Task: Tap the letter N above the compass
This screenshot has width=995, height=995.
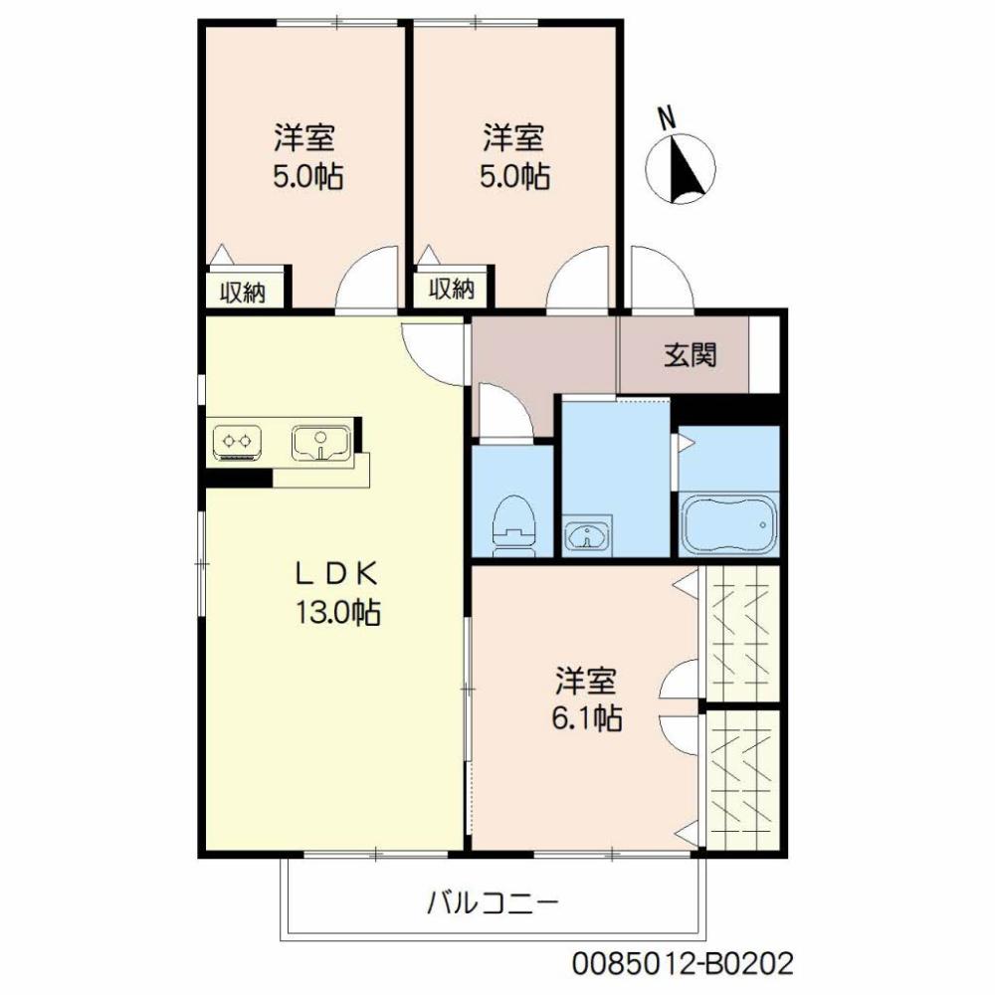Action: tap(669, 117)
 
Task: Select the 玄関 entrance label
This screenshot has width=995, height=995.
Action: tap(691, 354)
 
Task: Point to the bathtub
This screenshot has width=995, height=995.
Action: tap(728, 523)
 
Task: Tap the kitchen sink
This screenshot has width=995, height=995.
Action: tap(318, 443)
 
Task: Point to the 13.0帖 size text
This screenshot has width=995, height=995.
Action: tap(335, 614)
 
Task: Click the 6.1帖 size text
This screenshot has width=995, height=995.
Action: tap(587, 717)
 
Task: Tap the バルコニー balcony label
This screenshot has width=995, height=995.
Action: tap(494, 904)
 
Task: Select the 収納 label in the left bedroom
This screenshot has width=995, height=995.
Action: tap(242, 293)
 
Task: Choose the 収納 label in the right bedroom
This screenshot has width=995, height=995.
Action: tap(452, 290)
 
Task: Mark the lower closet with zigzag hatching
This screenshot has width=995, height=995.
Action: tap(741, 778)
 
